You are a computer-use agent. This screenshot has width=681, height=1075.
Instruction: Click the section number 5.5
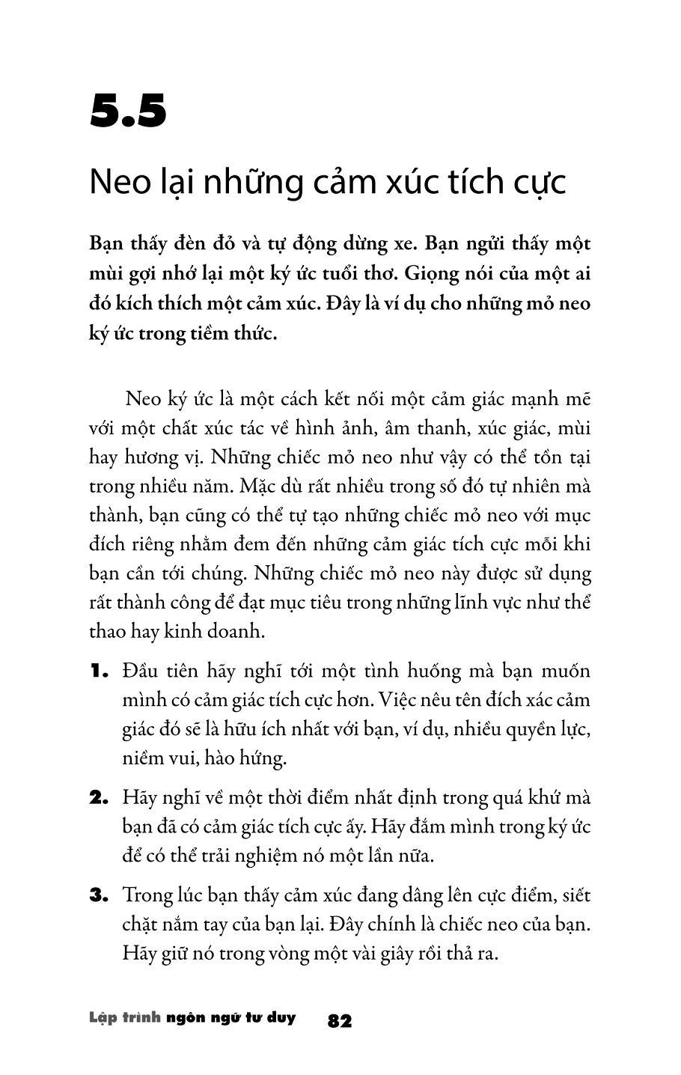[x=128, y=112]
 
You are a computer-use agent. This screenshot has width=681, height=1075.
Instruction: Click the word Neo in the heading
[x=117, y=182]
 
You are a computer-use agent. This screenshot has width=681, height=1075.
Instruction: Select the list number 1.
[x=99, y=672]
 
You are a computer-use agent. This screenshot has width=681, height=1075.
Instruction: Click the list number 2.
[x=100, y=798]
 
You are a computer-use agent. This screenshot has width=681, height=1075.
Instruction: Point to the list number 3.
[x=100, y=895]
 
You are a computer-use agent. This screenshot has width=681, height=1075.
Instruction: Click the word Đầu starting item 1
[x=140, y=670]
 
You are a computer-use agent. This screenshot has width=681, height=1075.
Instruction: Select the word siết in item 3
[x=575, y=895]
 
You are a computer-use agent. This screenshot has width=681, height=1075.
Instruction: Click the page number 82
[x=340, y=1021]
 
